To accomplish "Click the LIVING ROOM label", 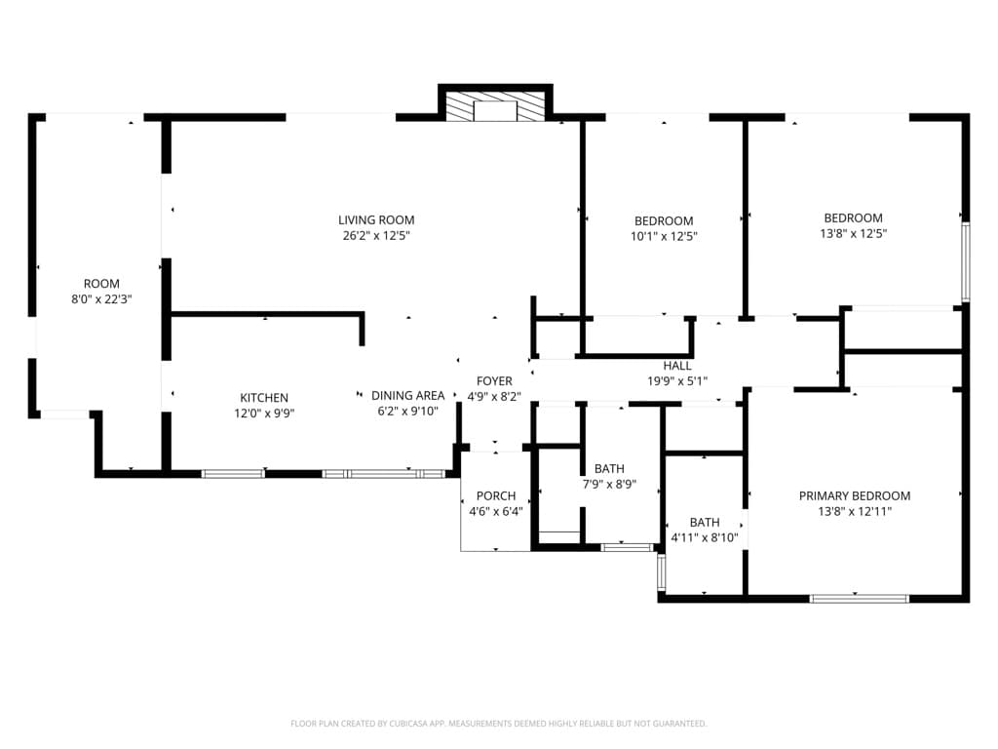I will (376, 220).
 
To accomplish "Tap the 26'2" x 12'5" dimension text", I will (376, 236).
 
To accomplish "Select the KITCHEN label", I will (264, 398).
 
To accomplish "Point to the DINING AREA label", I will (407, 396).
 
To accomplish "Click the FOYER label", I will (494, 381).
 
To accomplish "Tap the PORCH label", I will (496, 496).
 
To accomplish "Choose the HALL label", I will (677, 366).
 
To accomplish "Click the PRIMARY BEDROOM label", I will (855, 495).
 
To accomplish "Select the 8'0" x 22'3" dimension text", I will (101, 299).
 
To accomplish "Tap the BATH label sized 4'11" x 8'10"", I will (705, 523).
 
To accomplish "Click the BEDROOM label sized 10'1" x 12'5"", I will (664, 221).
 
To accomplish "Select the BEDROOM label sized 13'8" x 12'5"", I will (853, 218).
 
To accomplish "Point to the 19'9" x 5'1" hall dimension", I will (677, 381).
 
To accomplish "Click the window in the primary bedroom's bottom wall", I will (859, 598).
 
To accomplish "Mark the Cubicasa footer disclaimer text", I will (498, 724).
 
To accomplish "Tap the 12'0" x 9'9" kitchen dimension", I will (264, 414).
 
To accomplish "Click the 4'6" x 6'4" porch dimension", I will (496, 512).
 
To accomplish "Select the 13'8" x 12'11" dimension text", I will (855, 511).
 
